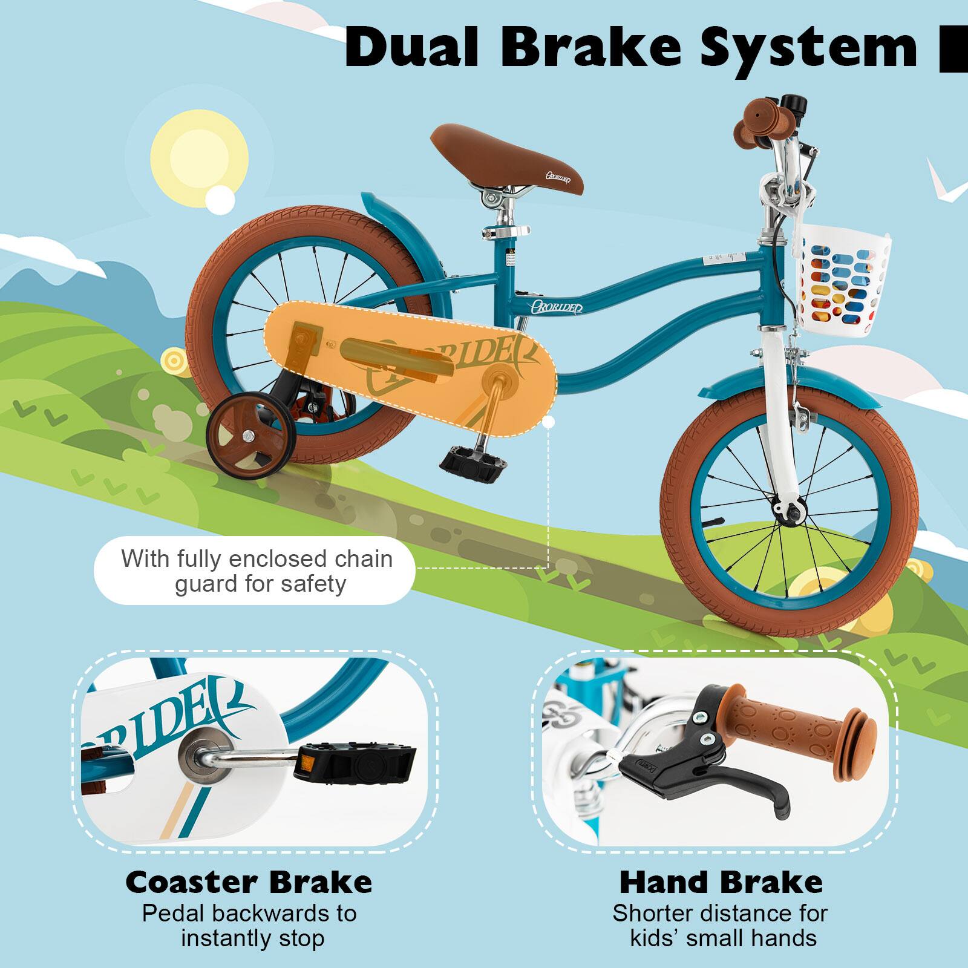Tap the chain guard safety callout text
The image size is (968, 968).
pyautogui.click(x=257, y=571)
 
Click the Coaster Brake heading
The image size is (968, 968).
pyautogui.click(x=249, y=882)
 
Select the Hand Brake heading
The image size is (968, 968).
pyautogui.click(x=721, y=882)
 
